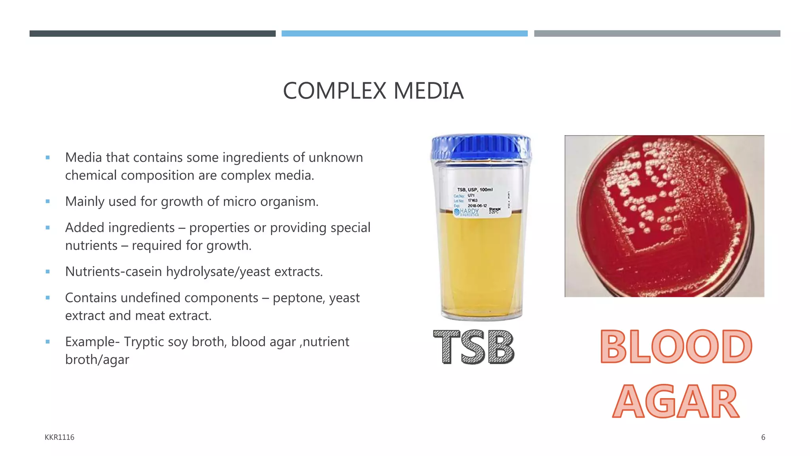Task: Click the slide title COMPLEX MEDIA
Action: pos(373,91)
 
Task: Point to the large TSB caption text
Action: pos(474,347)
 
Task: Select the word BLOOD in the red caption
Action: pos(676,347)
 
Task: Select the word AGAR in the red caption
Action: pos(676,401)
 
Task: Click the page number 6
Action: pos(763,437)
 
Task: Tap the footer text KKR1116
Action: pos(59,437)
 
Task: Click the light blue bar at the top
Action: pos(404,34)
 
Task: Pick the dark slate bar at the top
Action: pos(152,34)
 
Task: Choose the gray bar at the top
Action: pos(657,34)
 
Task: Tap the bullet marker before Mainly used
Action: pos(48,201)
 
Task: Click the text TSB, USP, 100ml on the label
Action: pos(475,190)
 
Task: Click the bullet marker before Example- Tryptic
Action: pos(48,342)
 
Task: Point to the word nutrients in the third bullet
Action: pos(91,246)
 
